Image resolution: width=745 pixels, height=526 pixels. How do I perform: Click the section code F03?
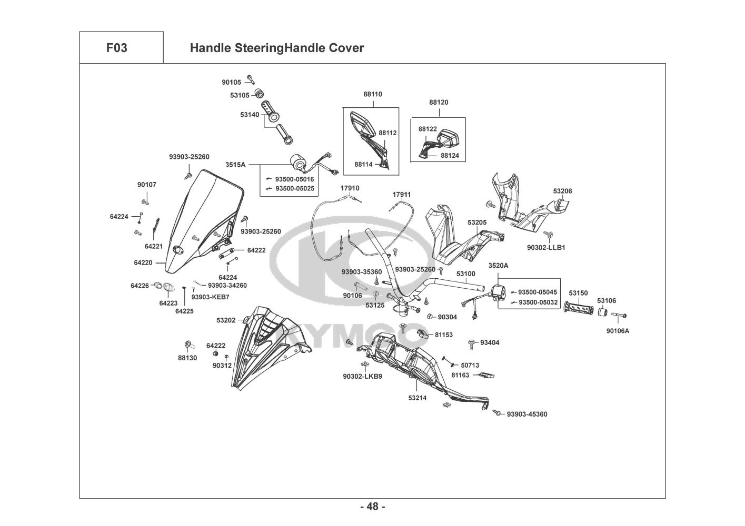point(116,48)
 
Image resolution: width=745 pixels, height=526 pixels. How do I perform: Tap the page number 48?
point(372,507)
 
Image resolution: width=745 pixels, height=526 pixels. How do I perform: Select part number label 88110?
point(372,94)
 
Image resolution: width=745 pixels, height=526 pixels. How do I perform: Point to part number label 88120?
point(439,102)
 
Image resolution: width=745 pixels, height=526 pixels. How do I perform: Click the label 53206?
point(562,191)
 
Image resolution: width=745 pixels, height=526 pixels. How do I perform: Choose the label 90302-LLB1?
point(546,247)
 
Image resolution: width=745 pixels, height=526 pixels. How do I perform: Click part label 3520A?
point(498,266)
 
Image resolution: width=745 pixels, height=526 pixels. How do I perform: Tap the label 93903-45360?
point(527,414)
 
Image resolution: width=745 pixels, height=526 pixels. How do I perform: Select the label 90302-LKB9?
point(362,376)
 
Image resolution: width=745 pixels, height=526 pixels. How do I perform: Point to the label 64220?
point(143,262)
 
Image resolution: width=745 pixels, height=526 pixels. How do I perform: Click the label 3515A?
point(235,164)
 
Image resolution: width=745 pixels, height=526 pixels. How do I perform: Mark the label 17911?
point(401,195)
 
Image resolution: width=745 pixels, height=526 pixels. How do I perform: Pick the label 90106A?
point(618,331)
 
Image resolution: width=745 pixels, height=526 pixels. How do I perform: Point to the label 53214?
point(417,398)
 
